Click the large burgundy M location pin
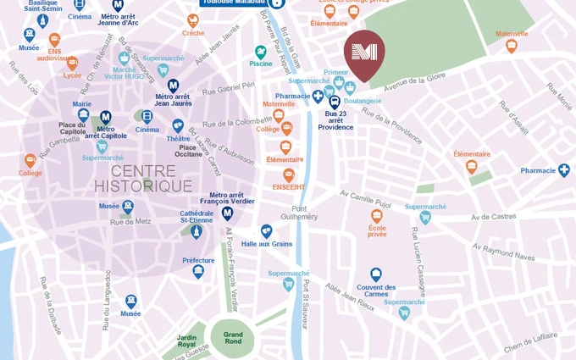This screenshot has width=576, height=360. tap(364, 53)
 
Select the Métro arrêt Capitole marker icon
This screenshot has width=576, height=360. tap(106, 117)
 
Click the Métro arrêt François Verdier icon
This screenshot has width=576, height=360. tap(227, 213)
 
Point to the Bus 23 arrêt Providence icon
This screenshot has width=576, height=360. tap(335, 102)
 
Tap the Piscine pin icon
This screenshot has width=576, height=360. tap(261, 53)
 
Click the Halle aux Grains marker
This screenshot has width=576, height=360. tap(266, 230)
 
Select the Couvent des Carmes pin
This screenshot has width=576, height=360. tap(376, 274)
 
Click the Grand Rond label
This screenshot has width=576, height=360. tap(233, 336)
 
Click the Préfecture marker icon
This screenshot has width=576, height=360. tap(198, 271)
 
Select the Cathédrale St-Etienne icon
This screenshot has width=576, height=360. tap(197, 230)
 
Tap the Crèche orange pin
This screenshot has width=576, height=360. tap(193, 20)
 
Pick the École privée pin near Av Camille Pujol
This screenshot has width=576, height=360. tap(377, 216)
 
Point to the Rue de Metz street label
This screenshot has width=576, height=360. tap(130, 222)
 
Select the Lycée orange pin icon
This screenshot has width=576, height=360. tap(72, 63)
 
